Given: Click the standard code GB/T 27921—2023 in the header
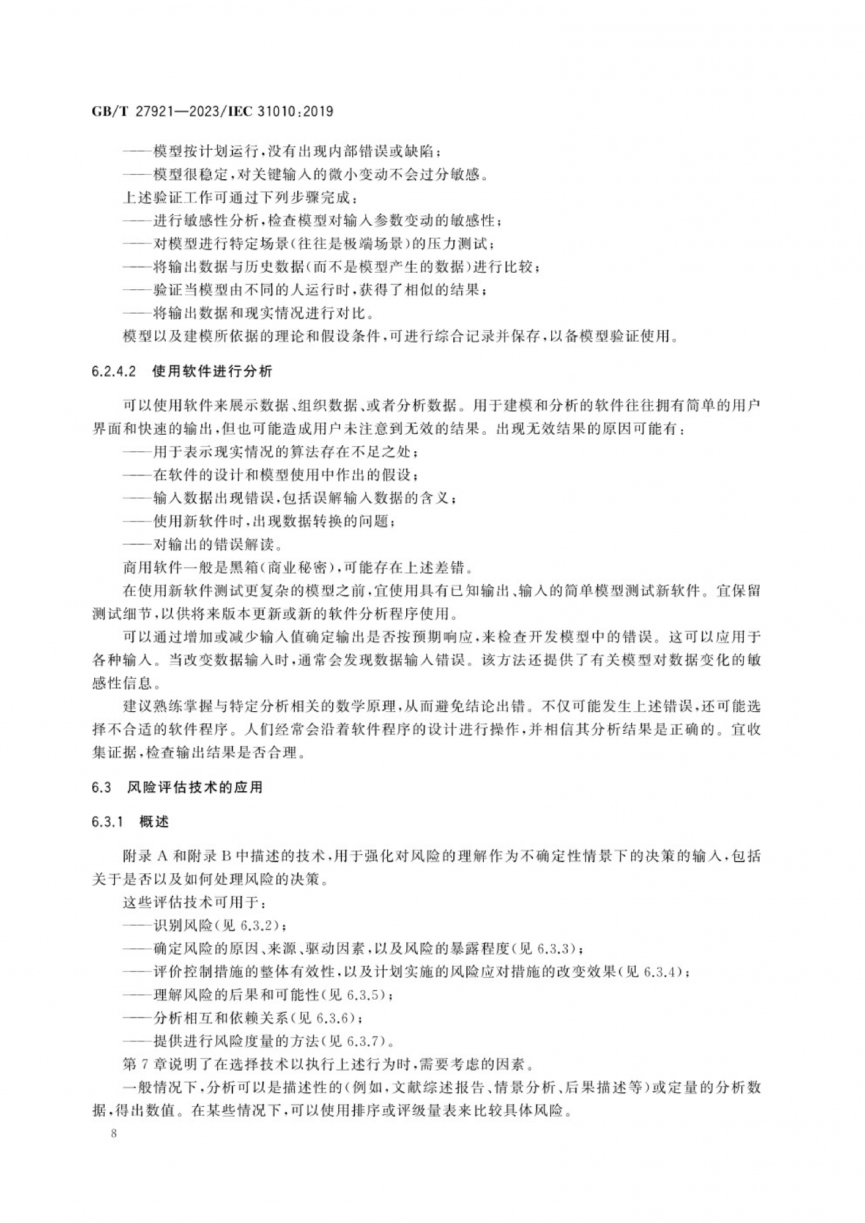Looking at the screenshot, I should pos(158,112).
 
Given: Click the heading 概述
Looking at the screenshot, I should pos(154,822).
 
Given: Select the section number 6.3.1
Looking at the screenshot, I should pos(108,822).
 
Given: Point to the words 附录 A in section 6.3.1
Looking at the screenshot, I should pos(145,857).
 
